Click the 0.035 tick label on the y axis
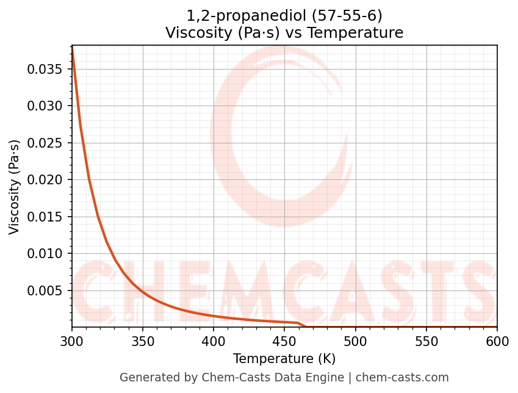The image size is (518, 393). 45,69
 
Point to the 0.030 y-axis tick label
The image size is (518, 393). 45,106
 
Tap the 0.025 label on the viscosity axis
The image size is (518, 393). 45,143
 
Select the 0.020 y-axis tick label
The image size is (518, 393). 45,180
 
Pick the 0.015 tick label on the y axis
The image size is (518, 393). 45,217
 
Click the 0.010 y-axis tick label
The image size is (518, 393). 45,254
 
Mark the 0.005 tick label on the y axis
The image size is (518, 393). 45,290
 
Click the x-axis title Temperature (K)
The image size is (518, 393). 284,358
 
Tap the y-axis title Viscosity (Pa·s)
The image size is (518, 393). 15,187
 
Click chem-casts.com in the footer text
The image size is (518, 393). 402,378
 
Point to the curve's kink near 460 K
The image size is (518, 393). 298,323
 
